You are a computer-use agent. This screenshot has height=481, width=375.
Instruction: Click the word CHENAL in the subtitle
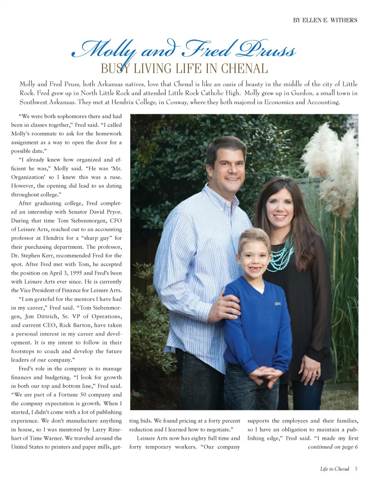(245, 69)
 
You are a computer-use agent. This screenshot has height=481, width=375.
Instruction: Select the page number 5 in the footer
(356, 469)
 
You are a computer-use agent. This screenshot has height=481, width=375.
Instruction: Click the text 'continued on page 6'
(333, 447)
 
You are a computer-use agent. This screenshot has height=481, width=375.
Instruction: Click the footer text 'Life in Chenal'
(334, 469)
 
